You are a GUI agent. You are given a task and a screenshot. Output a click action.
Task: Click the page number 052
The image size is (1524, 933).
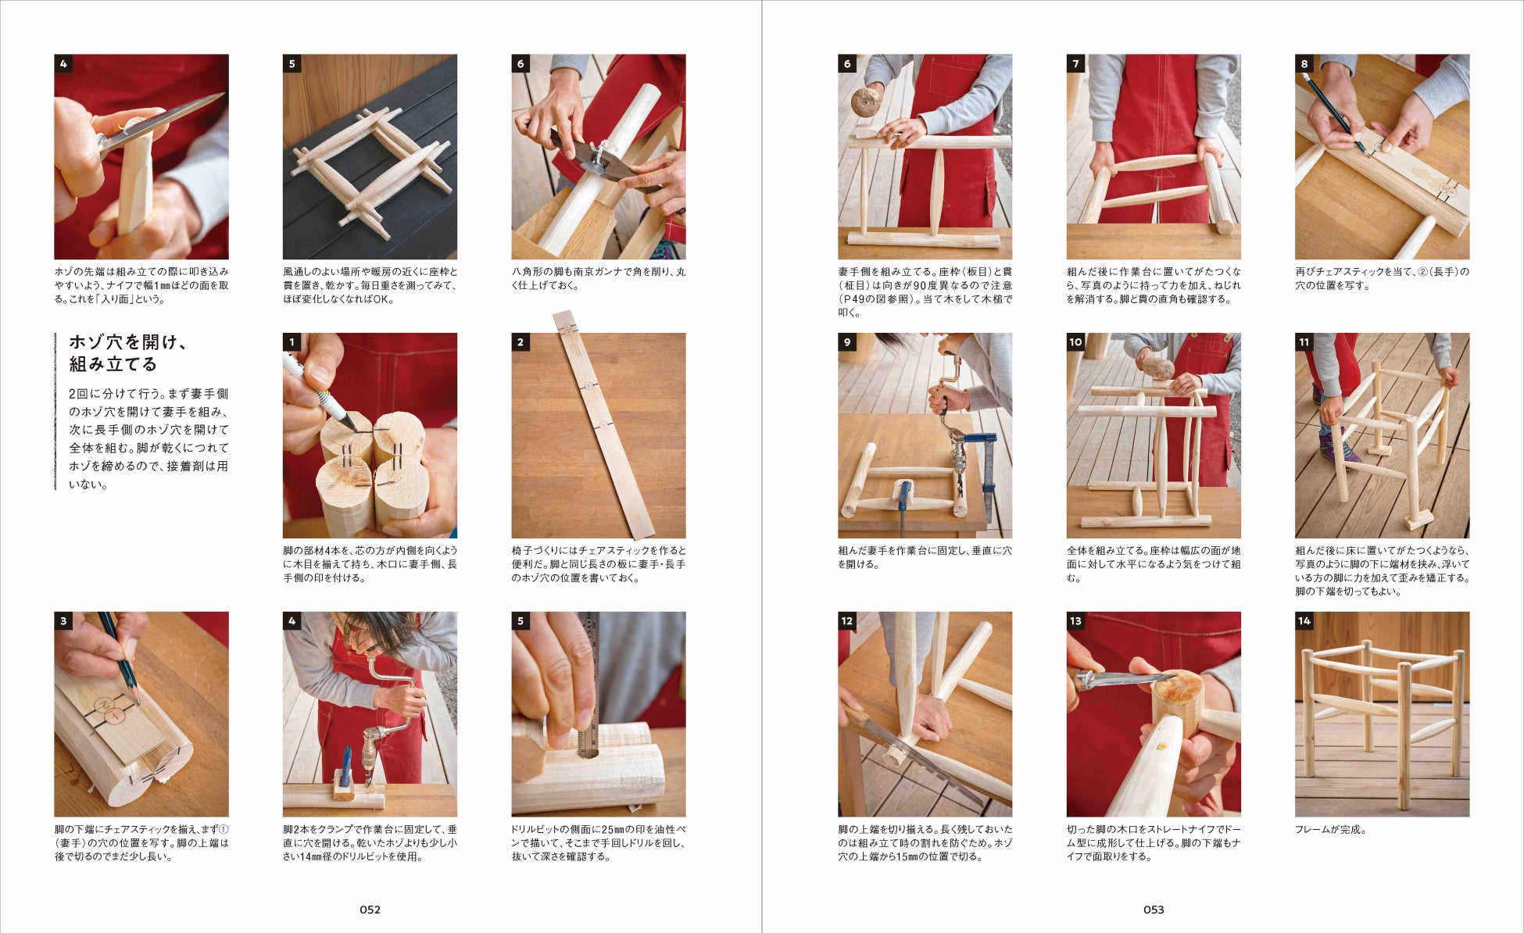coord(370,910)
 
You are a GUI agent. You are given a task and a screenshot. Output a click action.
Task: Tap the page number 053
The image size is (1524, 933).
coord(1154,910)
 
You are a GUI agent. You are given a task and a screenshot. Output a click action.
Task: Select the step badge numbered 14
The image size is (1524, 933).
coord(1304,621)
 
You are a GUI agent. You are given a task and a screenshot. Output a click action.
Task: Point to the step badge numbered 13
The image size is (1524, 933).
coord(1076,621)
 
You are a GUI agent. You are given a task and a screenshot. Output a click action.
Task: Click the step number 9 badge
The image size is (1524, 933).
coord(847,342)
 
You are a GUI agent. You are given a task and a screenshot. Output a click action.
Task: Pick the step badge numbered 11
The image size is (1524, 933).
coord(1304,342)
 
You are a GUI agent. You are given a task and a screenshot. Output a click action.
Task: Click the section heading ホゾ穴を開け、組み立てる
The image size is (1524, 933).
coord(128,353)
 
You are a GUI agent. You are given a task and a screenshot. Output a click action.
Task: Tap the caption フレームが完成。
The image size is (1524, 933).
coord(1331,830)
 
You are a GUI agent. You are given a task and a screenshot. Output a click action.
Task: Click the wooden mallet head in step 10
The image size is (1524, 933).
coord(1158,367)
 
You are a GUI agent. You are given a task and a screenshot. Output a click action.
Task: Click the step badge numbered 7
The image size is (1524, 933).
coord(1076,64)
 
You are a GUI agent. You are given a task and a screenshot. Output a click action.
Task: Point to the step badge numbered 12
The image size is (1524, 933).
coord(847,621)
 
